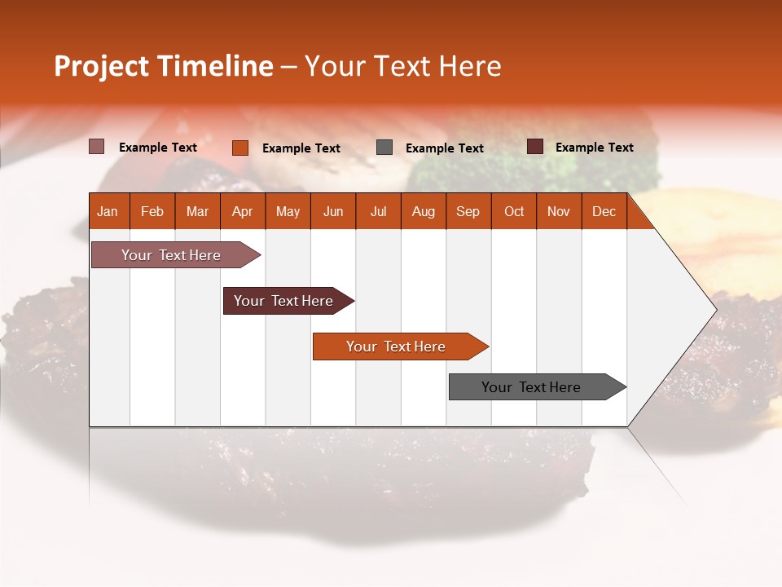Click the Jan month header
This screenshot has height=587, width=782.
point(108,211)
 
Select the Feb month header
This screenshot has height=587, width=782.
point(152,211)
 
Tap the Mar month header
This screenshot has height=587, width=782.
point(197,211)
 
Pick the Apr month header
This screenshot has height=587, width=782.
point(242,211)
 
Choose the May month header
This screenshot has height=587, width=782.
point(288,211)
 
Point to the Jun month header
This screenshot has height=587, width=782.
point(333,211)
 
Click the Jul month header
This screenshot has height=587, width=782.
point(378,211)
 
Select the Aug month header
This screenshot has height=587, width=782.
point(424,211)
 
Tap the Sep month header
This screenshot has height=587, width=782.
point(468,211)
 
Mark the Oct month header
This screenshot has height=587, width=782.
point(514,211)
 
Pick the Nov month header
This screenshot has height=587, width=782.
point(559,211)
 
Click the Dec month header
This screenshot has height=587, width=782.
point(604,211)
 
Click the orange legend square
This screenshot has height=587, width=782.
point(240,148)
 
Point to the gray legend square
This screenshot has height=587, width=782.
point(384,148)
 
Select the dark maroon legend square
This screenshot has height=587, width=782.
point(535,147)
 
